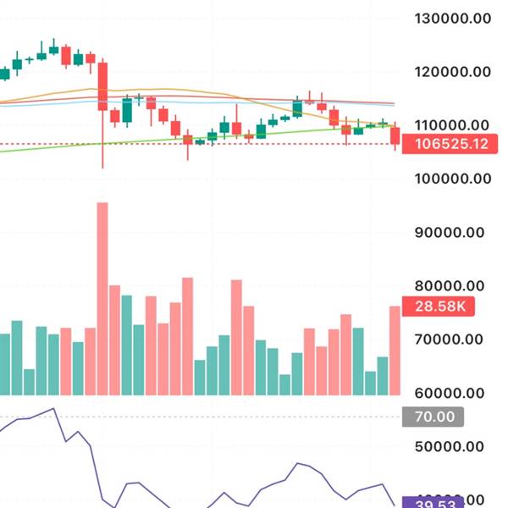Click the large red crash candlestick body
click(x=102, y=86)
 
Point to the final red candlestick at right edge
click(x=395, y=135)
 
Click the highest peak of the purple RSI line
click(x=53, y=409)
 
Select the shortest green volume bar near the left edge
click(x=30, y=382)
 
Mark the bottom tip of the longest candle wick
click(x=102, y=168)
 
